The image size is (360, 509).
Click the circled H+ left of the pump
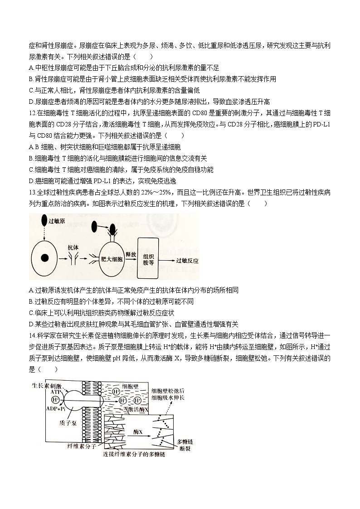56,400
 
